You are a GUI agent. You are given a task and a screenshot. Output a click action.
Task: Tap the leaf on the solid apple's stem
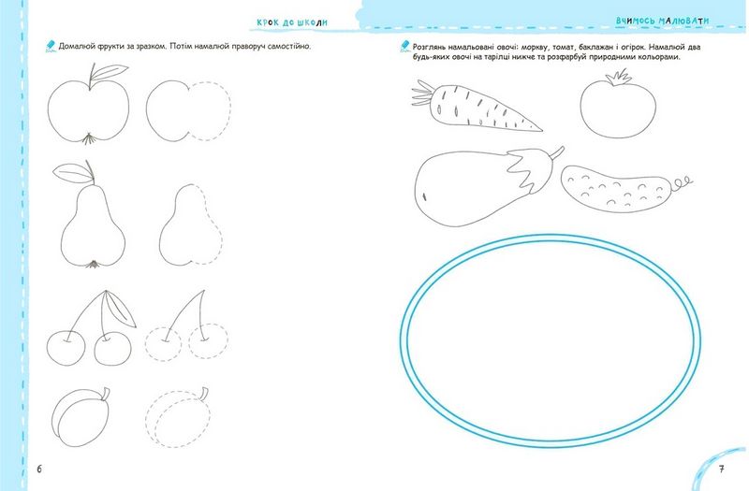110,71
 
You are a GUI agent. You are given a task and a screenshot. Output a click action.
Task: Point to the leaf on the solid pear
73,172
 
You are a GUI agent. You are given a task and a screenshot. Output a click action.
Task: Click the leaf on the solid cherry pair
120,310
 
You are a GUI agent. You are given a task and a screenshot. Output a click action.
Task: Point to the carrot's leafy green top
423,93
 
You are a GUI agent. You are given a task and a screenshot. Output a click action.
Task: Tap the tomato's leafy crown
619,78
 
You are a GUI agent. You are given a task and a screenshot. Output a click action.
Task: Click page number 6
39,469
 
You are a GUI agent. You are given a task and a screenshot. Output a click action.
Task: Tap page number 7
722,469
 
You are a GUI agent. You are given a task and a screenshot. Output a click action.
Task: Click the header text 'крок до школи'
292,22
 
